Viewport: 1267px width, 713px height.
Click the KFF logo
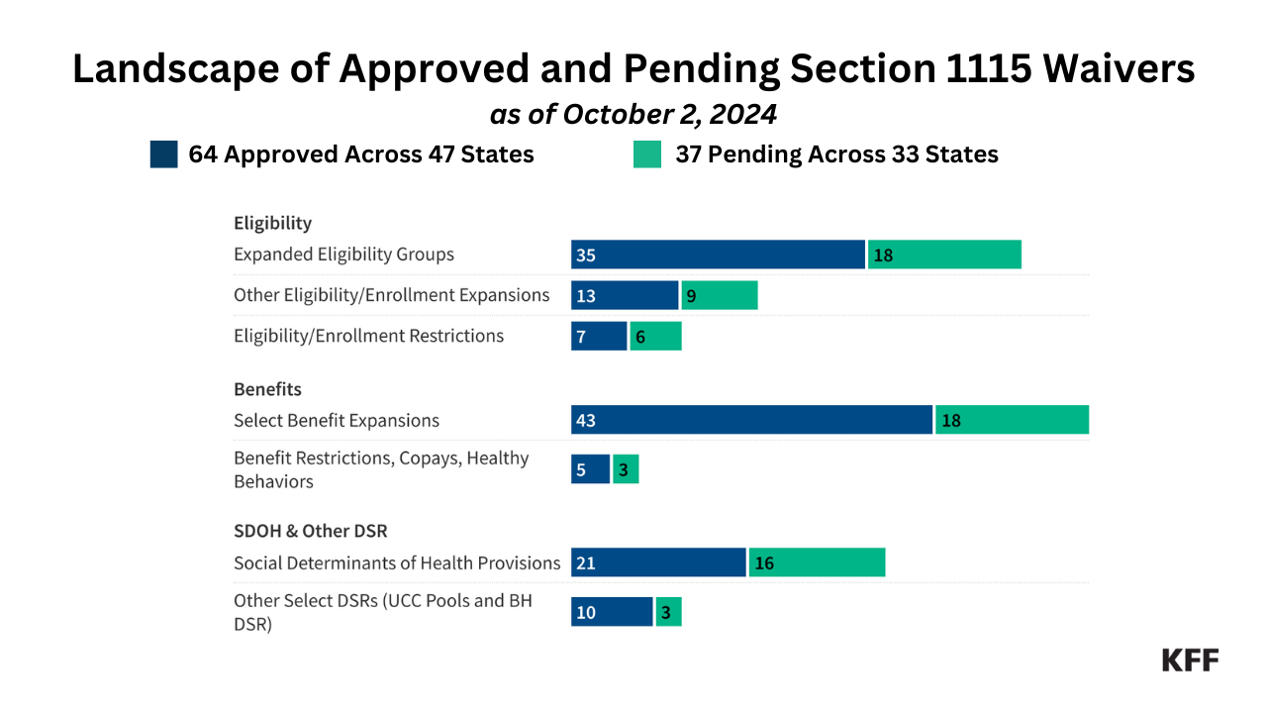tap(1190, 661)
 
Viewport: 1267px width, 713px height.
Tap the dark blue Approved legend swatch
tap(163, 154)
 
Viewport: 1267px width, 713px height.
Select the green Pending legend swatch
tap(647, 154)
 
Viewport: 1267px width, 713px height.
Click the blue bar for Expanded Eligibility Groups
tap(718, 255)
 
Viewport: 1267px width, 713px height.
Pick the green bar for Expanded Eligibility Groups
tap(944, 255)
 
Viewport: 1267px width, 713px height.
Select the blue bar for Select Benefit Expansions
tap(751, 420)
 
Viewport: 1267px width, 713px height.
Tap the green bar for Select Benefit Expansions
tap(1012, 420)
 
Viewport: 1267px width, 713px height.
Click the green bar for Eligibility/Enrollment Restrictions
tap(655, 337)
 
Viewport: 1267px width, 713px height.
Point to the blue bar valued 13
tap(625, 295)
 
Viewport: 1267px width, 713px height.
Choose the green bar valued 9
tap(720, 295)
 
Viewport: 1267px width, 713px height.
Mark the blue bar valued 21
tap(658, 562)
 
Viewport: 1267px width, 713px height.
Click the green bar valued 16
tap(817, 562)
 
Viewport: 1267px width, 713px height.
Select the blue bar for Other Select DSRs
tap(612, 612)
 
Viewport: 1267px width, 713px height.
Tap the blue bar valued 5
tap(590, 469)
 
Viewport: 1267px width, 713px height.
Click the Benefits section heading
tap(267, 389)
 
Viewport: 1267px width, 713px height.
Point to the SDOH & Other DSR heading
tap(310, 532)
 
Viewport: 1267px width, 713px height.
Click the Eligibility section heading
tap(272, 223)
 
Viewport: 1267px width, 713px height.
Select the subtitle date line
tap(633, 115)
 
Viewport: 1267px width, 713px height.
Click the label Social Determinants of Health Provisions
tap(397, 563)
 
